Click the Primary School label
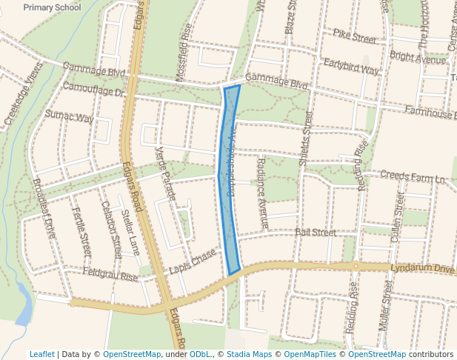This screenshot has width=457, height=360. [x=52, y=7]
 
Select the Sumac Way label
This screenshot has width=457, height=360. [x=69, y=117]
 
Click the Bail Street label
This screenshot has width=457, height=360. [x=315, y=232]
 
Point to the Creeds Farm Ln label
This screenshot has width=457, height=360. [x=413, y=177]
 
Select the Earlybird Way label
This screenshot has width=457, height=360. [x=351, y=67]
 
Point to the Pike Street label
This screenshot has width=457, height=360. [x=354, y=36]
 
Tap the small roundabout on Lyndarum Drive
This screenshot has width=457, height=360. [x=356, y=266]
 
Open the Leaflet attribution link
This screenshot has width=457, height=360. [x=41, y=354]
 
